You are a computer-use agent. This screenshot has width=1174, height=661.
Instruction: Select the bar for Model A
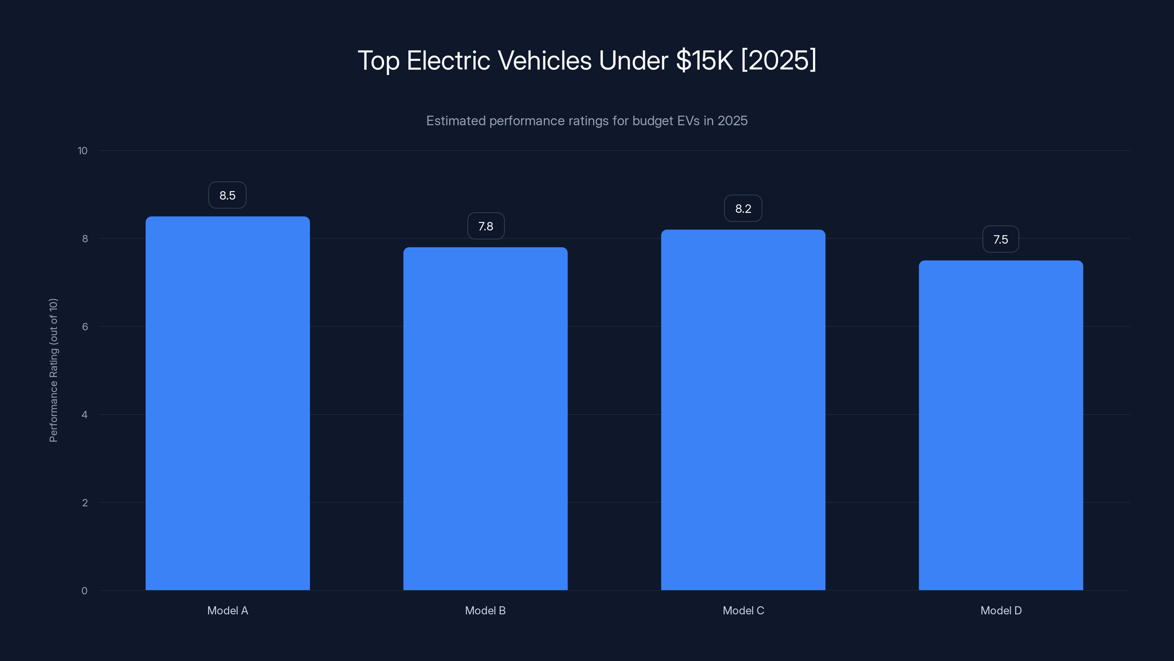click(227, 403)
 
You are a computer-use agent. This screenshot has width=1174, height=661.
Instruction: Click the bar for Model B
click(485, 419)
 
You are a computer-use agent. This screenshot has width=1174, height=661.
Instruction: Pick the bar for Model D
click(1001, 425)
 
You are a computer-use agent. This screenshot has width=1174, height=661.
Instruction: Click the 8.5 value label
click(227, 195)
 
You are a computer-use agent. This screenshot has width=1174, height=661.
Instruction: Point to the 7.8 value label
click(486, 226)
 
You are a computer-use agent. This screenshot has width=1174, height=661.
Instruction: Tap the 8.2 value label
click(743, 209)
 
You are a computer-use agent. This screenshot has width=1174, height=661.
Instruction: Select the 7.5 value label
click(1000, 239)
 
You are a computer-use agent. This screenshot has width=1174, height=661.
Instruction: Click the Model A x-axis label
click(227, 610)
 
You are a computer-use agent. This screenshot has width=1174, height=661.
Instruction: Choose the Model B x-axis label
click(485, 610)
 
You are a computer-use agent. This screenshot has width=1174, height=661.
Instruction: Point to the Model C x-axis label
click(743, 610)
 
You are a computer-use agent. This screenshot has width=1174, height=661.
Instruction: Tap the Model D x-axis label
click(1001, 610)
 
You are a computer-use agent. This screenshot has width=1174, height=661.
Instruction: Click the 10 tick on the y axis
click(83, 151)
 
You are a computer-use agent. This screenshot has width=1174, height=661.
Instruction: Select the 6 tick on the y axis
click(85, 326)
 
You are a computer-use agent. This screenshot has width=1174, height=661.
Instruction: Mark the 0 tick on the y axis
click(84, 591)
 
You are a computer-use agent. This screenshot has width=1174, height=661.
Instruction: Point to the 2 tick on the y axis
click(85, 503)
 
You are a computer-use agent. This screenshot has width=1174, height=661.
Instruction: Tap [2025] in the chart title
click(779, 60)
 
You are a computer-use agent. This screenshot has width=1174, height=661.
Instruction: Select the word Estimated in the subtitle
click(456, 121)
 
